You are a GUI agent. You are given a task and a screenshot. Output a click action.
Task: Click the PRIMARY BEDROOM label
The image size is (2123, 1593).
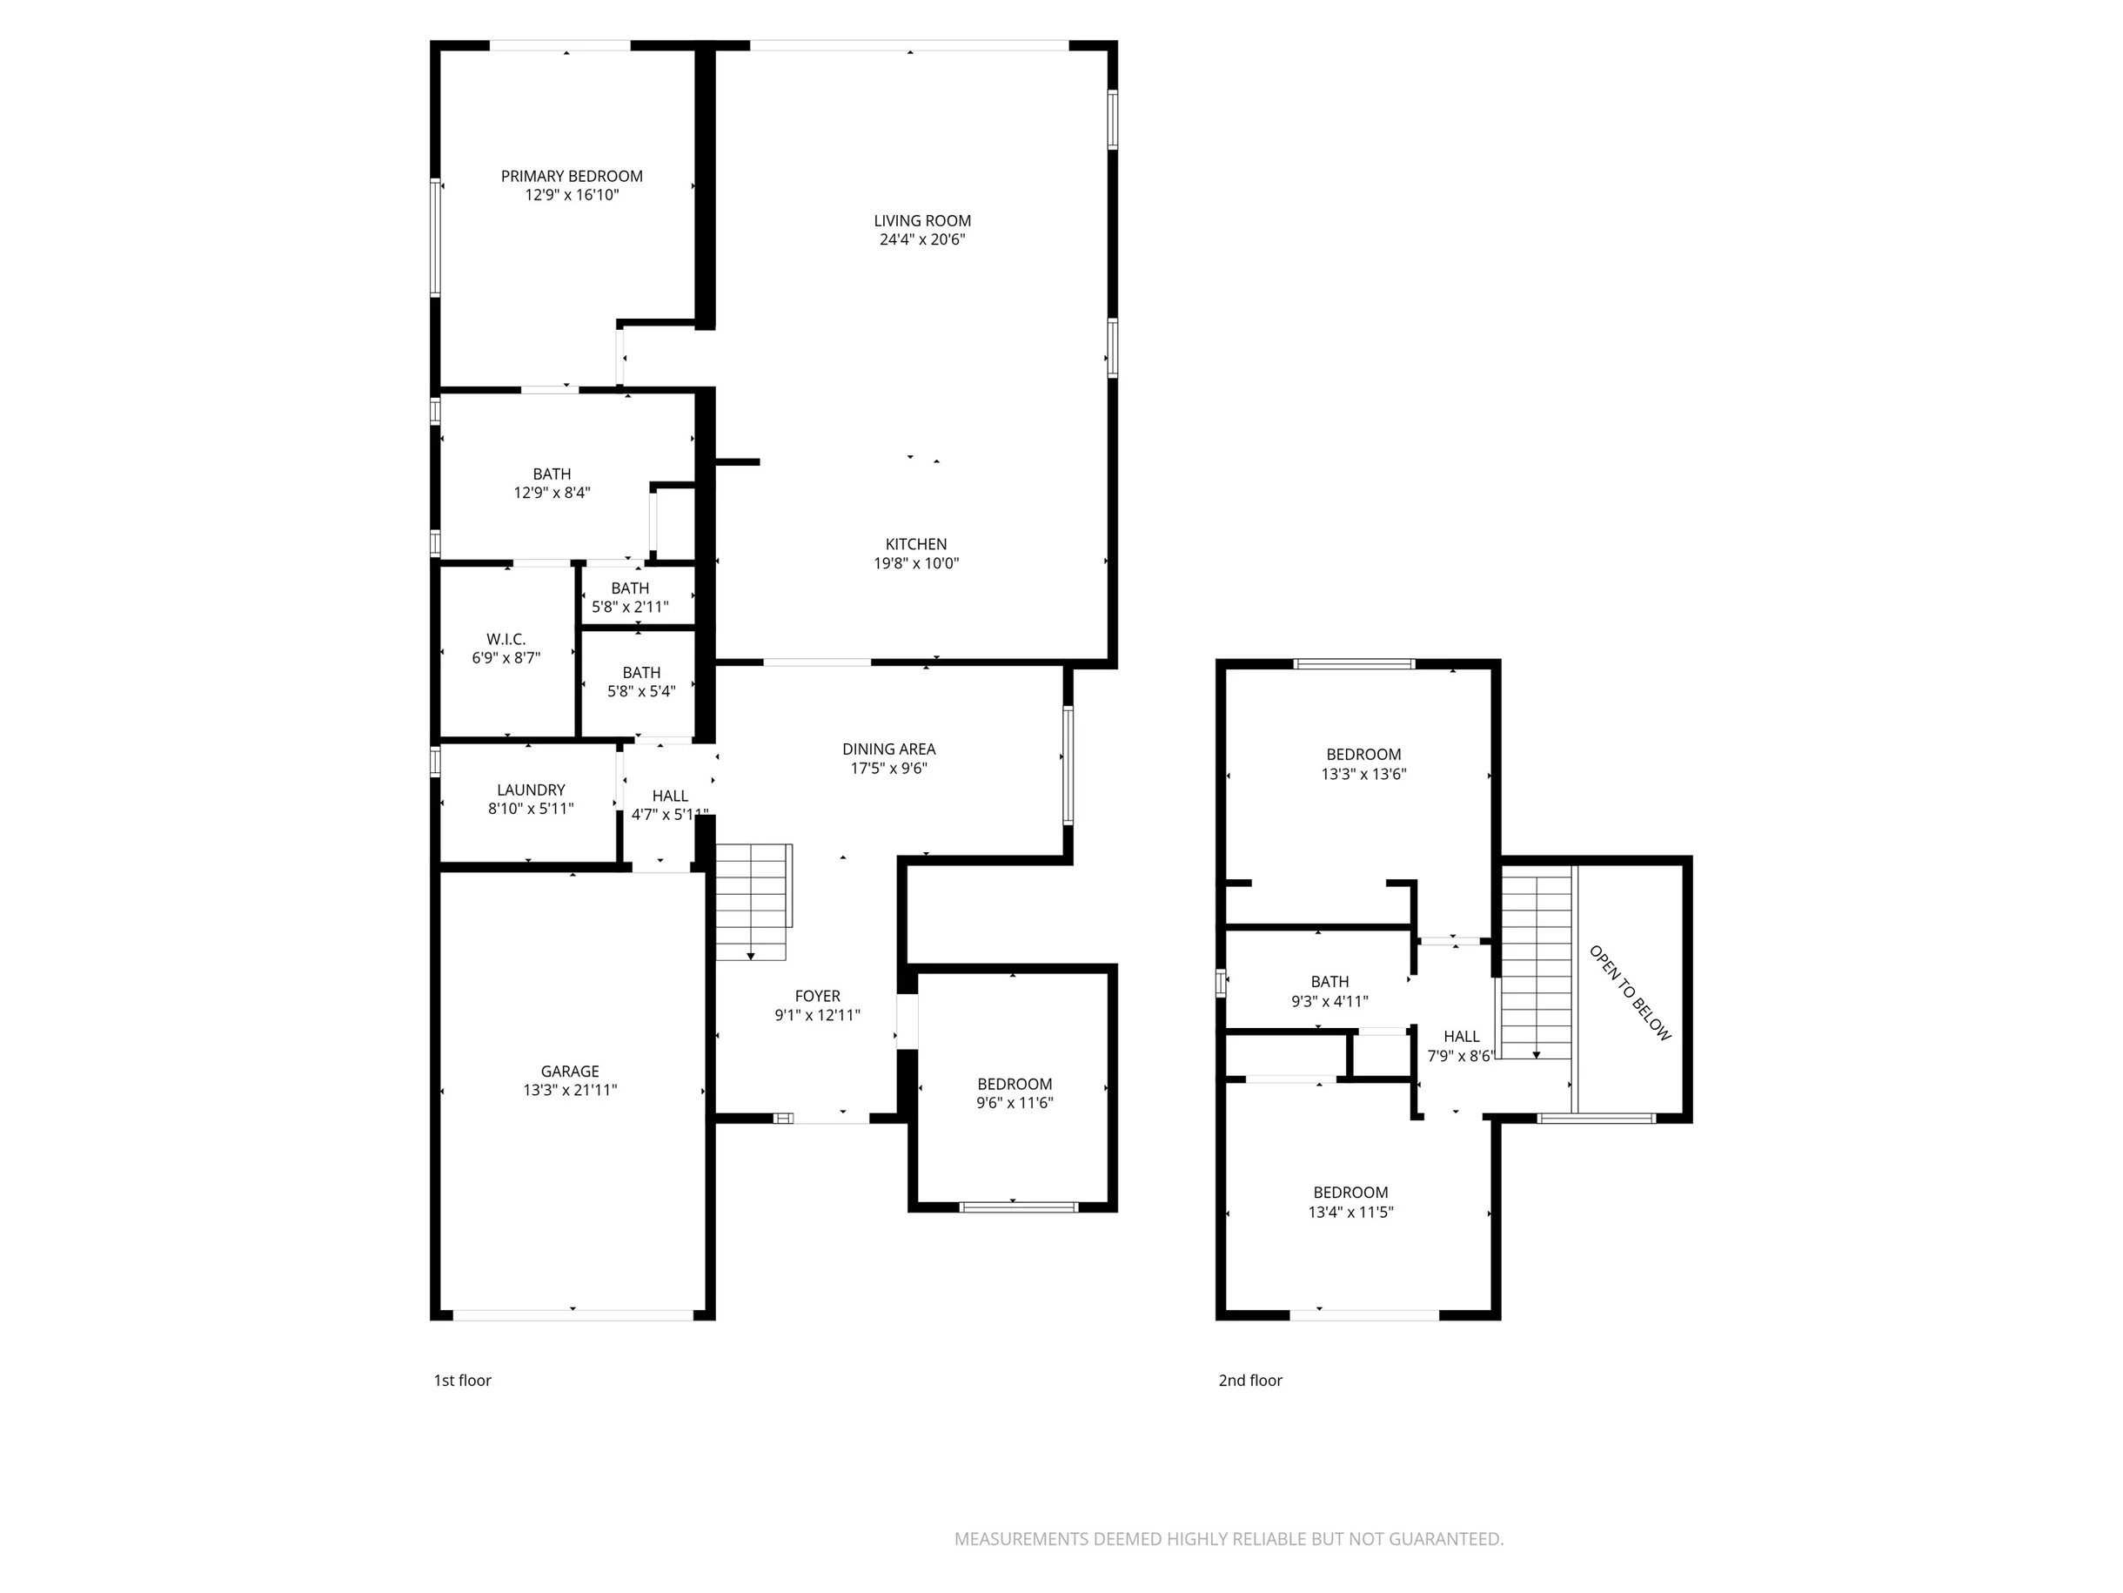click(571, 176)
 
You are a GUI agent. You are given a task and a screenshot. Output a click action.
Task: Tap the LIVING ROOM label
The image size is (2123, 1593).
click(922, 221)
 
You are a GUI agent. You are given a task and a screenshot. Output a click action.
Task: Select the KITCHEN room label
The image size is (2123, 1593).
click(915, 544)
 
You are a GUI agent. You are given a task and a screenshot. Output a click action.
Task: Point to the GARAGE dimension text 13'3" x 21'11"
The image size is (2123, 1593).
click(570, 1090)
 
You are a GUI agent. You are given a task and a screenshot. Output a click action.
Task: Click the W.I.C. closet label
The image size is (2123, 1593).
click(506, 640)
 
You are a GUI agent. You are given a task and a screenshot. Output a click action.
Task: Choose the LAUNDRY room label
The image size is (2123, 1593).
click(531, 790)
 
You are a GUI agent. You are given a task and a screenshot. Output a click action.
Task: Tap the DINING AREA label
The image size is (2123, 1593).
click(888, 749)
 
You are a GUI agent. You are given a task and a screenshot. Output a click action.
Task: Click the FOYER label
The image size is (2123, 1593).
click(818, 997)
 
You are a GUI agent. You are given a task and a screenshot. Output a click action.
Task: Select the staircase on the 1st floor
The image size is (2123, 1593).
click(753, 902)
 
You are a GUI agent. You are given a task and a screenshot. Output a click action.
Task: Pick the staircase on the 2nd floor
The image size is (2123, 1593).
click(1537, 967)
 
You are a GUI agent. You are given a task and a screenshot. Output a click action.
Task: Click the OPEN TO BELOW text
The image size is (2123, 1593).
click(1631, 993)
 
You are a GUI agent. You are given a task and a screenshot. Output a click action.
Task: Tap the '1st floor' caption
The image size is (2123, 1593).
click(463, 1380)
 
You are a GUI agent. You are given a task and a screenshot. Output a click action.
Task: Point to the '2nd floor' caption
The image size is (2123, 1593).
click(1250, 1380)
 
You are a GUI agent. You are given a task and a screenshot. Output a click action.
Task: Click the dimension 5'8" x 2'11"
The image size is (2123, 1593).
click(630, 607)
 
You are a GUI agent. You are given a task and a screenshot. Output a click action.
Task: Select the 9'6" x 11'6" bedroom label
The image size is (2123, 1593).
click(1015, 1103)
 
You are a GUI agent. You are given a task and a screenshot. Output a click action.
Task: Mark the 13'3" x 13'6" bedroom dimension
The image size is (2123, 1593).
click(1363, 774)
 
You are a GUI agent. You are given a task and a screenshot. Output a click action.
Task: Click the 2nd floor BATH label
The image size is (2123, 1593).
click(1329, 981)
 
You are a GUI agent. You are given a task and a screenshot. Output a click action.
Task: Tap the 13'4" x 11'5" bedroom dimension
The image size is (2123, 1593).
click(1350, 1212)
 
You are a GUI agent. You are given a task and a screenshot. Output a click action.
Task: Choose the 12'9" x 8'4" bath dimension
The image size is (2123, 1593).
click(552, 493)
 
